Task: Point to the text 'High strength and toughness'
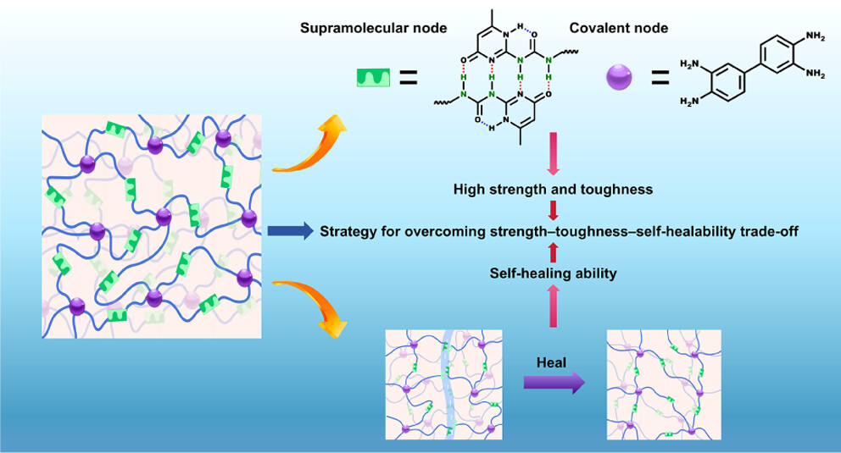pos(553,189)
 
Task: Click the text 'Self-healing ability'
pos(552,273)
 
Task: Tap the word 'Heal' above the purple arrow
pos(551,361)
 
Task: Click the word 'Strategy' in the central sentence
pos(346,230)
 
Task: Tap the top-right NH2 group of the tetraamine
pos(816,36)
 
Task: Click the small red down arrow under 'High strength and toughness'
pos(553,209)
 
